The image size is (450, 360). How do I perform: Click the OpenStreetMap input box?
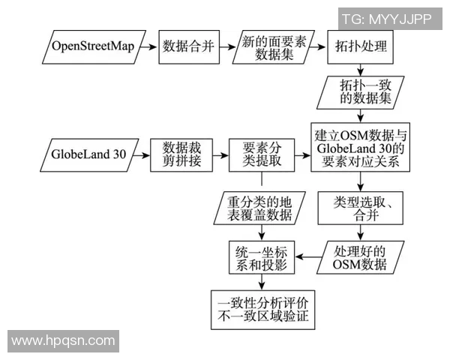93,46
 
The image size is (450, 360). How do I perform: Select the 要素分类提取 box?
262,156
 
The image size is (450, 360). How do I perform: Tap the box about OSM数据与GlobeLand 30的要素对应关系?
361,148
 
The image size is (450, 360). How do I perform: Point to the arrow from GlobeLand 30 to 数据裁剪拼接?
139,156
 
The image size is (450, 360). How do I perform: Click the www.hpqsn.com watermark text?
64,341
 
